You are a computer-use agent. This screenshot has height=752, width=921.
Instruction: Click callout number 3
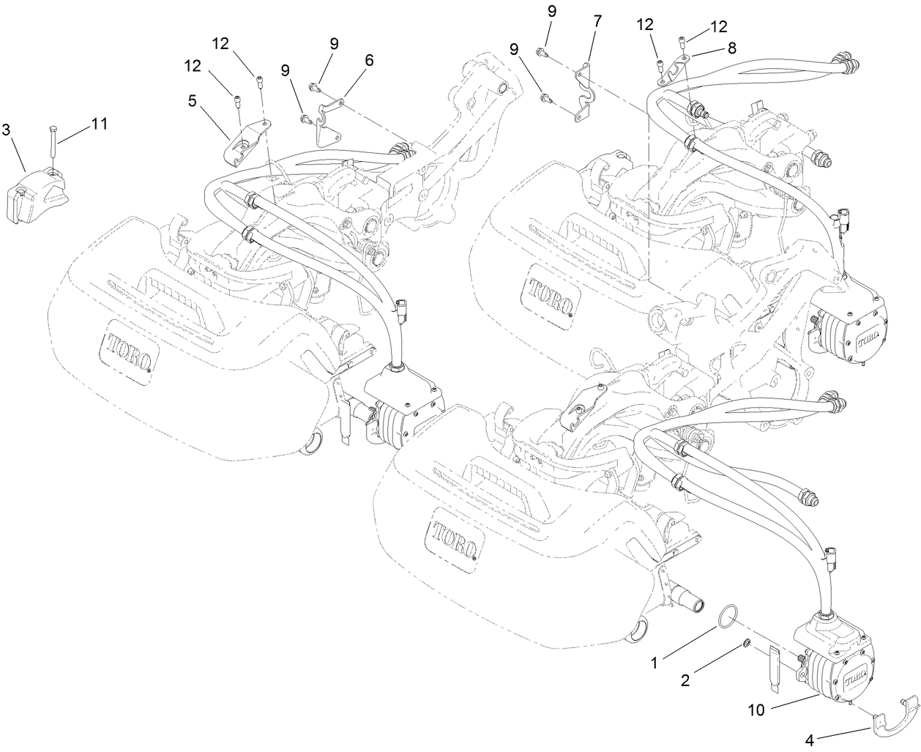click(7, 131)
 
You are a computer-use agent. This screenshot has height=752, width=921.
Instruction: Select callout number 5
click(192, 101)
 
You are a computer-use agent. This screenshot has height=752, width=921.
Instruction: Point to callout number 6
click(368, 60)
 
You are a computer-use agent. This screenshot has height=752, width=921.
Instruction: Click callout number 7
click(598, 21)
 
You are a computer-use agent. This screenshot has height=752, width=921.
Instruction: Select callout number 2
click(685, 680)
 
